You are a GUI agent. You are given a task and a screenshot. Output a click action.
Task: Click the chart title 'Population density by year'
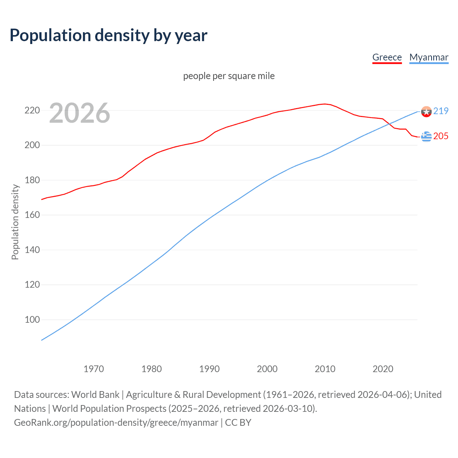point(108,35)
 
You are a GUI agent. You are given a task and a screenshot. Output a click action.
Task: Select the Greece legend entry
point(387,57)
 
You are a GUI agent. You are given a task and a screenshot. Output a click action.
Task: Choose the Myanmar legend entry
point(429,57)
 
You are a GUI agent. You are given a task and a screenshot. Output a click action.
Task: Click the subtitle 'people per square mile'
point(229,76)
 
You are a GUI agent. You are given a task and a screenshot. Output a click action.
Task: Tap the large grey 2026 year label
point(79,113)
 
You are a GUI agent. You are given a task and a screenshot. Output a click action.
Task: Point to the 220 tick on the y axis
point(32,110)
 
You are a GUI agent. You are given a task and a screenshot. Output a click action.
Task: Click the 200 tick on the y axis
point(32,145)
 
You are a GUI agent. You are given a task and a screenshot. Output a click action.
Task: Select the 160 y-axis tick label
point(32,215)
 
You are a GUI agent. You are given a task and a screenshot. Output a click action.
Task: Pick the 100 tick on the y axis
point(32,320)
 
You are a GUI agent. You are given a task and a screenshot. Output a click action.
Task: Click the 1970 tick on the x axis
point(94,369)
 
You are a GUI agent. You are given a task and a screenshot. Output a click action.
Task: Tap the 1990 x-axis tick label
point(209,369)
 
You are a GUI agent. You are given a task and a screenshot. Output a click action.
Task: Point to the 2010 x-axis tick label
point(325,369)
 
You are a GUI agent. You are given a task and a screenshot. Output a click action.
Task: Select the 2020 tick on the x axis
point(383,369)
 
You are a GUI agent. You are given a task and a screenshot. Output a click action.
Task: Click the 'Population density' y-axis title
point(15,222)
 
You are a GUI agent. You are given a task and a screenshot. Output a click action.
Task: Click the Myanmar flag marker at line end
point(426,112)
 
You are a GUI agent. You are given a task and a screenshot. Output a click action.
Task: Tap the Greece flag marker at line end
point(426,136)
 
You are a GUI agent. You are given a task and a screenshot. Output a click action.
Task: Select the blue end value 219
point(441,111)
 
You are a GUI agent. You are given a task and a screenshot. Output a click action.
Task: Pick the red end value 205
point(441,136)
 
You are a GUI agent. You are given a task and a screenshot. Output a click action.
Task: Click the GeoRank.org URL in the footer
point(116,423)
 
